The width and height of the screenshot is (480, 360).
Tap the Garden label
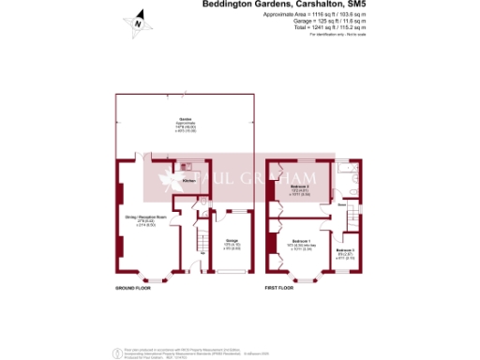[185, 122]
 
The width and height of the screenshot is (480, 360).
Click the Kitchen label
[187, 180]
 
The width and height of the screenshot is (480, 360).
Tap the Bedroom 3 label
[345, 250]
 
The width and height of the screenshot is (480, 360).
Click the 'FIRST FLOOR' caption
[279, 287]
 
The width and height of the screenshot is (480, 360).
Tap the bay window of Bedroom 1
[307, 277]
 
